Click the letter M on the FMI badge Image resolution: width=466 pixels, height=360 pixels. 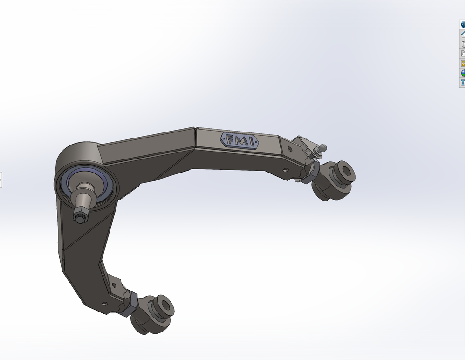pos(240,140)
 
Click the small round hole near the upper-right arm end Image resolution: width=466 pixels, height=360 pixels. pos(290,149)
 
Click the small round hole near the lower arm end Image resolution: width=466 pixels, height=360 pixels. pos(104,304)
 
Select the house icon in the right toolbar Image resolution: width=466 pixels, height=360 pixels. pos(463,34)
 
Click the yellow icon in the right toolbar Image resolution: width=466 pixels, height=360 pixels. pos(463,63)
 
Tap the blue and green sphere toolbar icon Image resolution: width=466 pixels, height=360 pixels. pos(463,73)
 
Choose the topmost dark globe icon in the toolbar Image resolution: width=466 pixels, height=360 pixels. pos(463,24)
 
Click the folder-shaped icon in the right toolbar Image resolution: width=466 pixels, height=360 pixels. pos(463,54)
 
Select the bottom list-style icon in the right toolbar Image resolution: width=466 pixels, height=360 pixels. pos(463,83)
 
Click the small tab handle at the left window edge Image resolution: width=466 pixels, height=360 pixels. pos(1,180)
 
